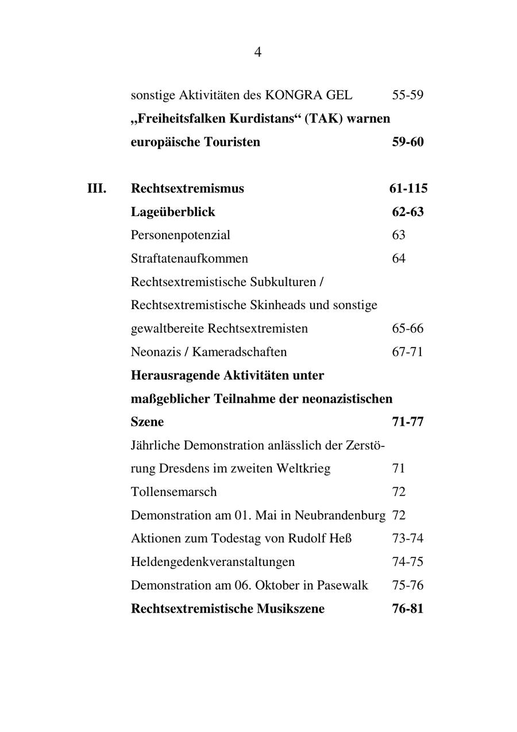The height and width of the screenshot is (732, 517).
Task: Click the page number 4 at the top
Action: pyautogui.click(x=258, y=52)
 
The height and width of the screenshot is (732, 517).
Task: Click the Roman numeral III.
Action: pyautogui.click(x=97, y=188)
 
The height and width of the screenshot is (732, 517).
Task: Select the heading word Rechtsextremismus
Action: pyautogui.click(x=187, y=188)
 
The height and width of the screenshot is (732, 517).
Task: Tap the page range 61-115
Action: pyautogui.click(x=408, y=188)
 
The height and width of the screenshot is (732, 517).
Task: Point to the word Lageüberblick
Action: pyautogui.click(x=173, y=212)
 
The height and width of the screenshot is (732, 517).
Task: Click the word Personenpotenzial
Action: pyautogui.click(x=180, y=235)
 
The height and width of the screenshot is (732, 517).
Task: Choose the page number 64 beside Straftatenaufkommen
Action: pyautogui.click(x=399, y=259)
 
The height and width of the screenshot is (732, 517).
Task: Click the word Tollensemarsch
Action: pyautogui.click(x=173, y=492)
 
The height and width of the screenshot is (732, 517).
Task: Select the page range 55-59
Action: pyautogui.click(x=408, y=95)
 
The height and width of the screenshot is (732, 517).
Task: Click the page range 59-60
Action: pyautogui.click(x=408, y=142)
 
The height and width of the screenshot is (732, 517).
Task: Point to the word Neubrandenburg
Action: pyautogui.click(x=337, y=515)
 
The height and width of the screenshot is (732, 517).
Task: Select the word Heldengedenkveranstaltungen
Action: pyautogui.click(x=213, y=562)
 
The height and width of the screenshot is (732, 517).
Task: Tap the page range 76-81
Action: pyautogui.click(x=408, y=608)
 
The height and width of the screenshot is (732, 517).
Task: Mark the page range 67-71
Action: pyautogui.click(x=408, y=352)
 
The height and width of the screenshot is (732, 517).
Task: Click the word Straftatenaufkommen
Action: pyautogui.click(x=190, y=259)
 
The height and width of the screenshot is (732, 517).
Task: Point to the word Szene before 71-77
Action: pyautogui.click(x=147, y=422)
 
